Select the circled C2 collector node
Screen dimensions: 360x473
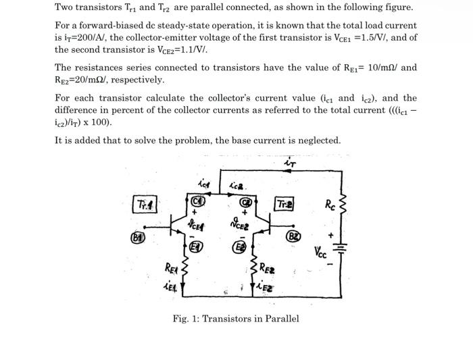[x=248, y=201]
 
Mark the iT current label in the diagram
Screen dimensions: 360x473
[x=291, y=163]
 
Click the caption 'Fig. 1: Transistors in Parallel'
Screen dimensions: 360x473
[x=236, y=319]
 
